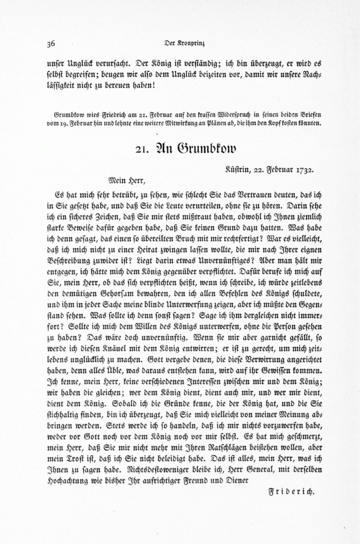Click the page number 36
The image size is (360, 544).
(51, 44)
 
